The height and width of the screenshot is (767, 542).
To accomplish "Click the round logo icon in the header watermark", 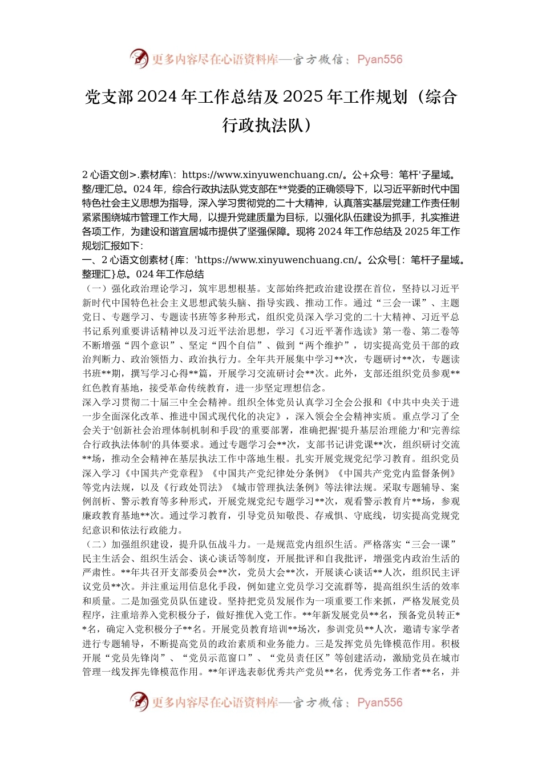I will tap(139, 59).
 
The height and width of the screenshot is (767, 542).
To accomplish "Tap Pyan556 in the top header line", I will tap(380, 59).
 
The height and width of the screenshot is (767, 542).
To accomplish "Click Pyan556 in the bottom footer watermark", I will tap(380, 703).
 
